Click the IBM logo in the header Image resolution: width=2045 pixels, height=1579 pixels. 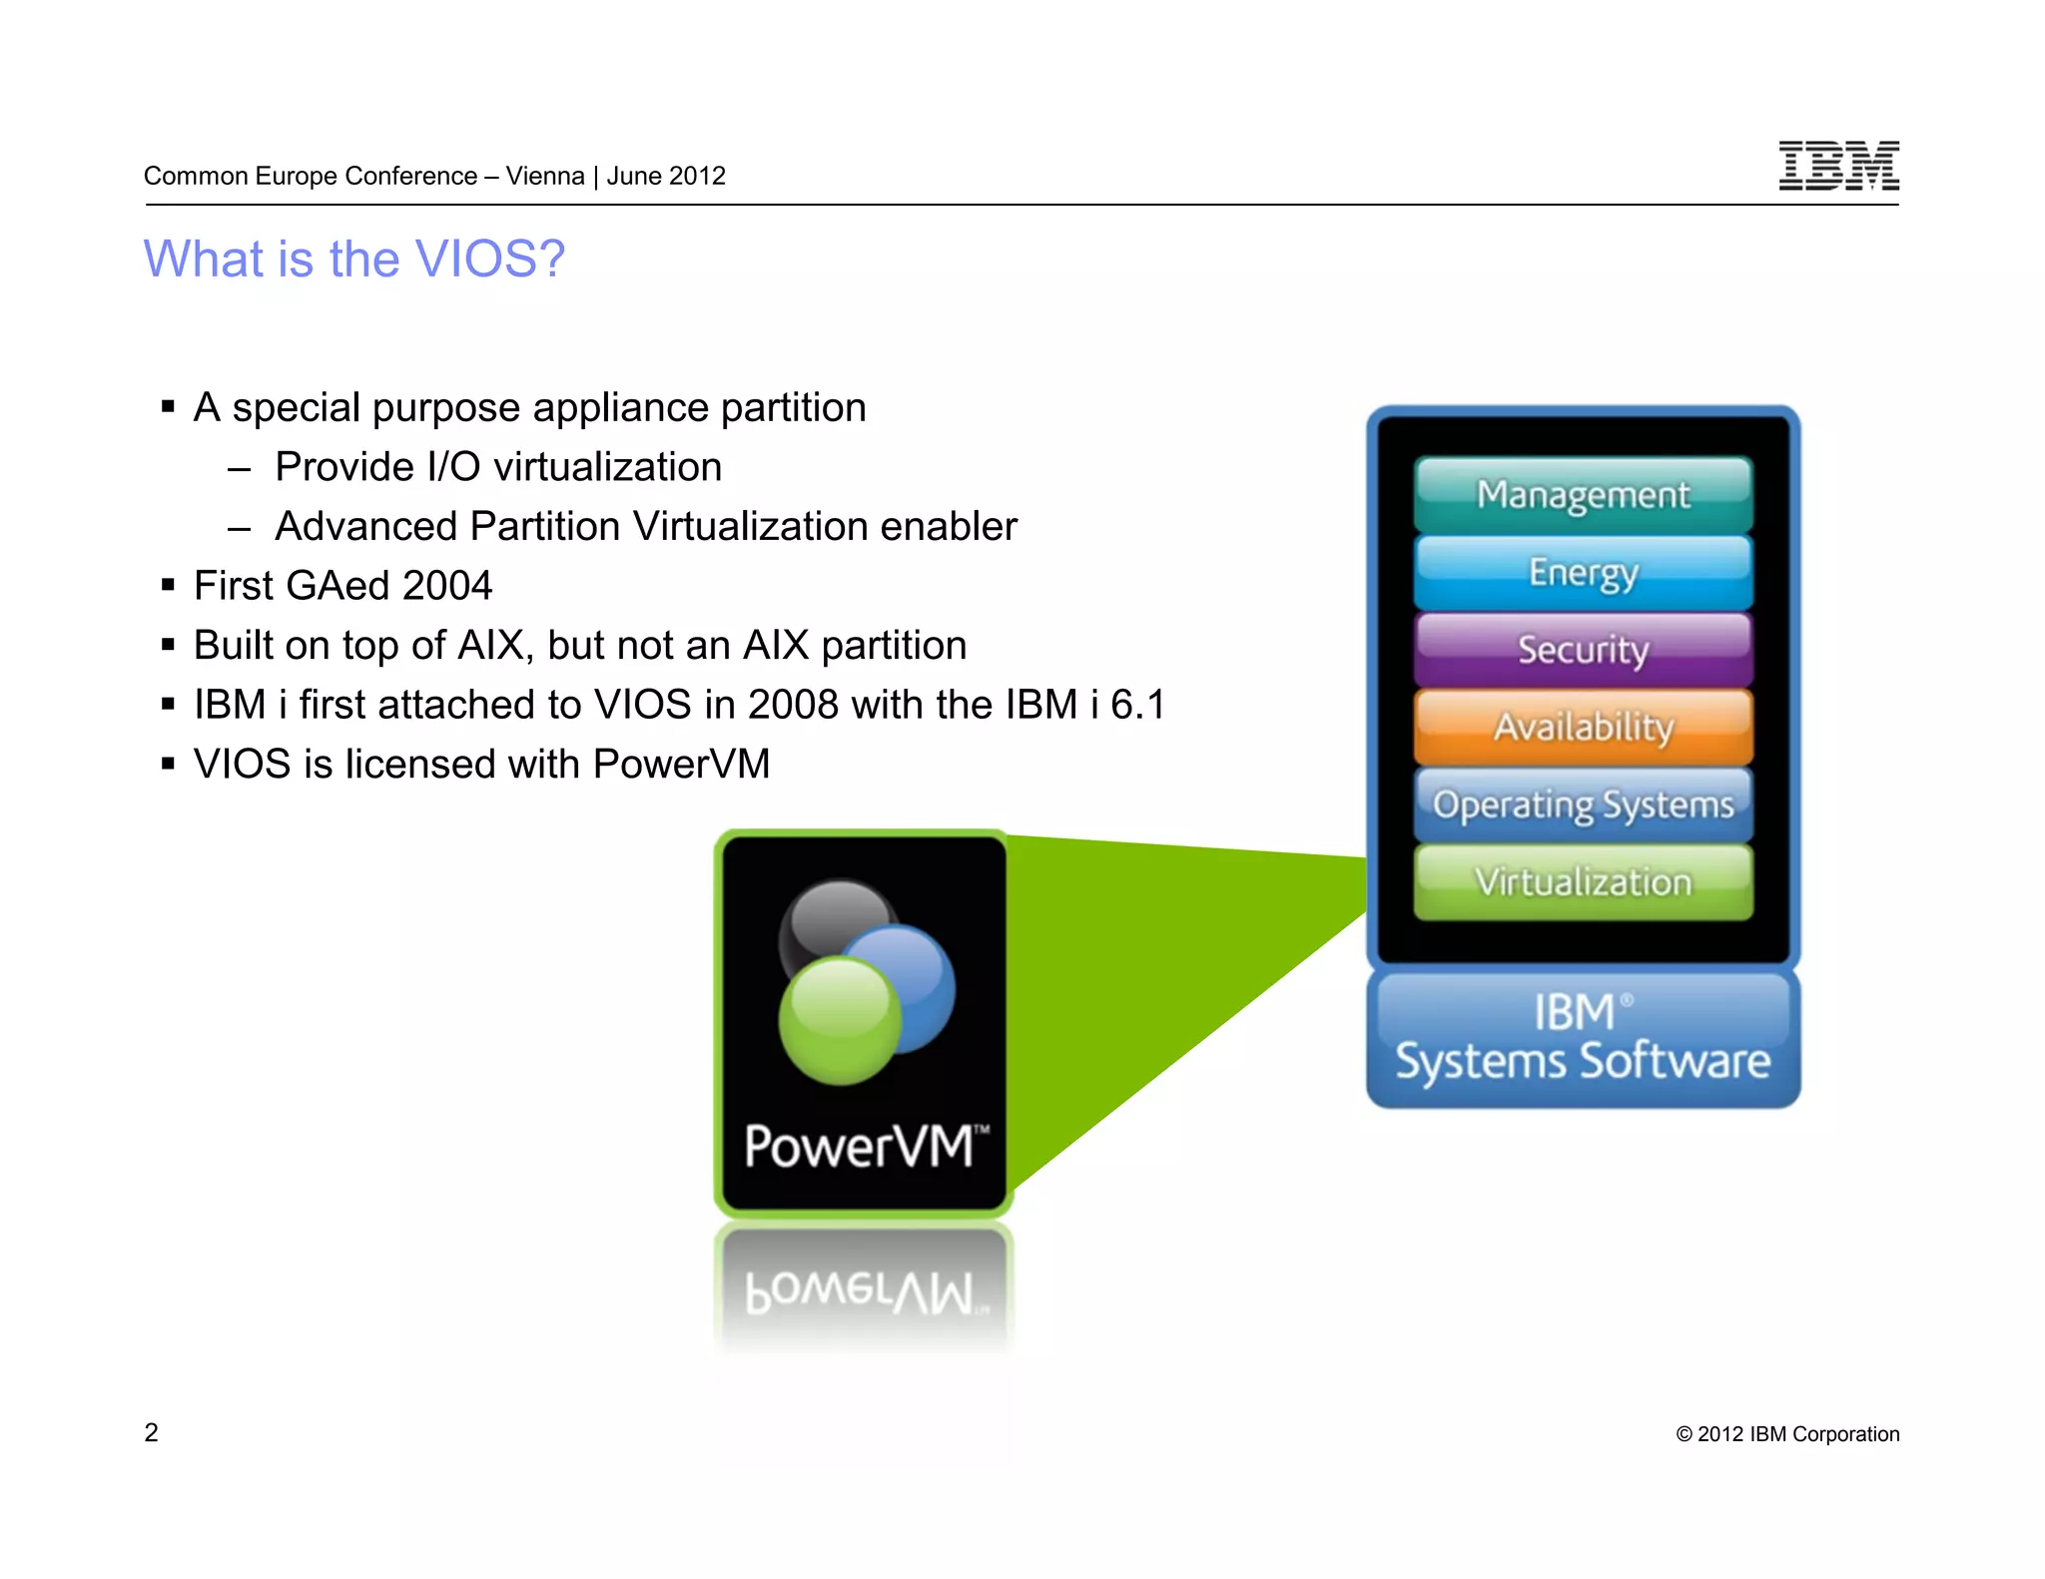[x=1838, y=166]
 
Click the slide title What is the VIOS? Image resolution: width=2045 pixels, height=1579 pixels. [x=354, y=259]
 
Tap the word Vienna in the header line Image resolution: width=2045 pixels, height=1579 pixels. [x=545, y=176]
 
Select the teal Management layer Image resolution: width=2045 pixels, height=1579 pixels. [x=1583, y=494]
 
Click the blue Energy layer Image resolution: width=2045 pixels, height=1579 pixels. [x=1583, y=572]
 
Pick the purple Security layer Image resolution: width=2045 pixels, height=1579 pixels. [x=1583, y=650]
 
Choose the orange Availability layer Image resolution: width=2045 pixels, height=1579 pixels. [x=1583, y=727]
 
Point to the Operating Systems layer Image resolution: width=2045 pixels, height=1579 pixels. [x=1583, y=804]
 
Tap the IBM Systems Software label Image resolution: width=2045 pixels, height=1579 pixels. [x=1583, y=1038]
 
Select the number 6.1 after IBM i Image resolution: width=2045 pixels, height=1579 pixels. [x=1137, y=705]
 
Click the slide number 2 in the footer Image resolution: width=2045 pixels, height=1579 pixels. [x=151, y=1432]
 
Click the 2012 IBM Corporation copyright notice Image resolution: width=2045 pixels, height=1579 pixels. [x=1787, y=1434]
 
